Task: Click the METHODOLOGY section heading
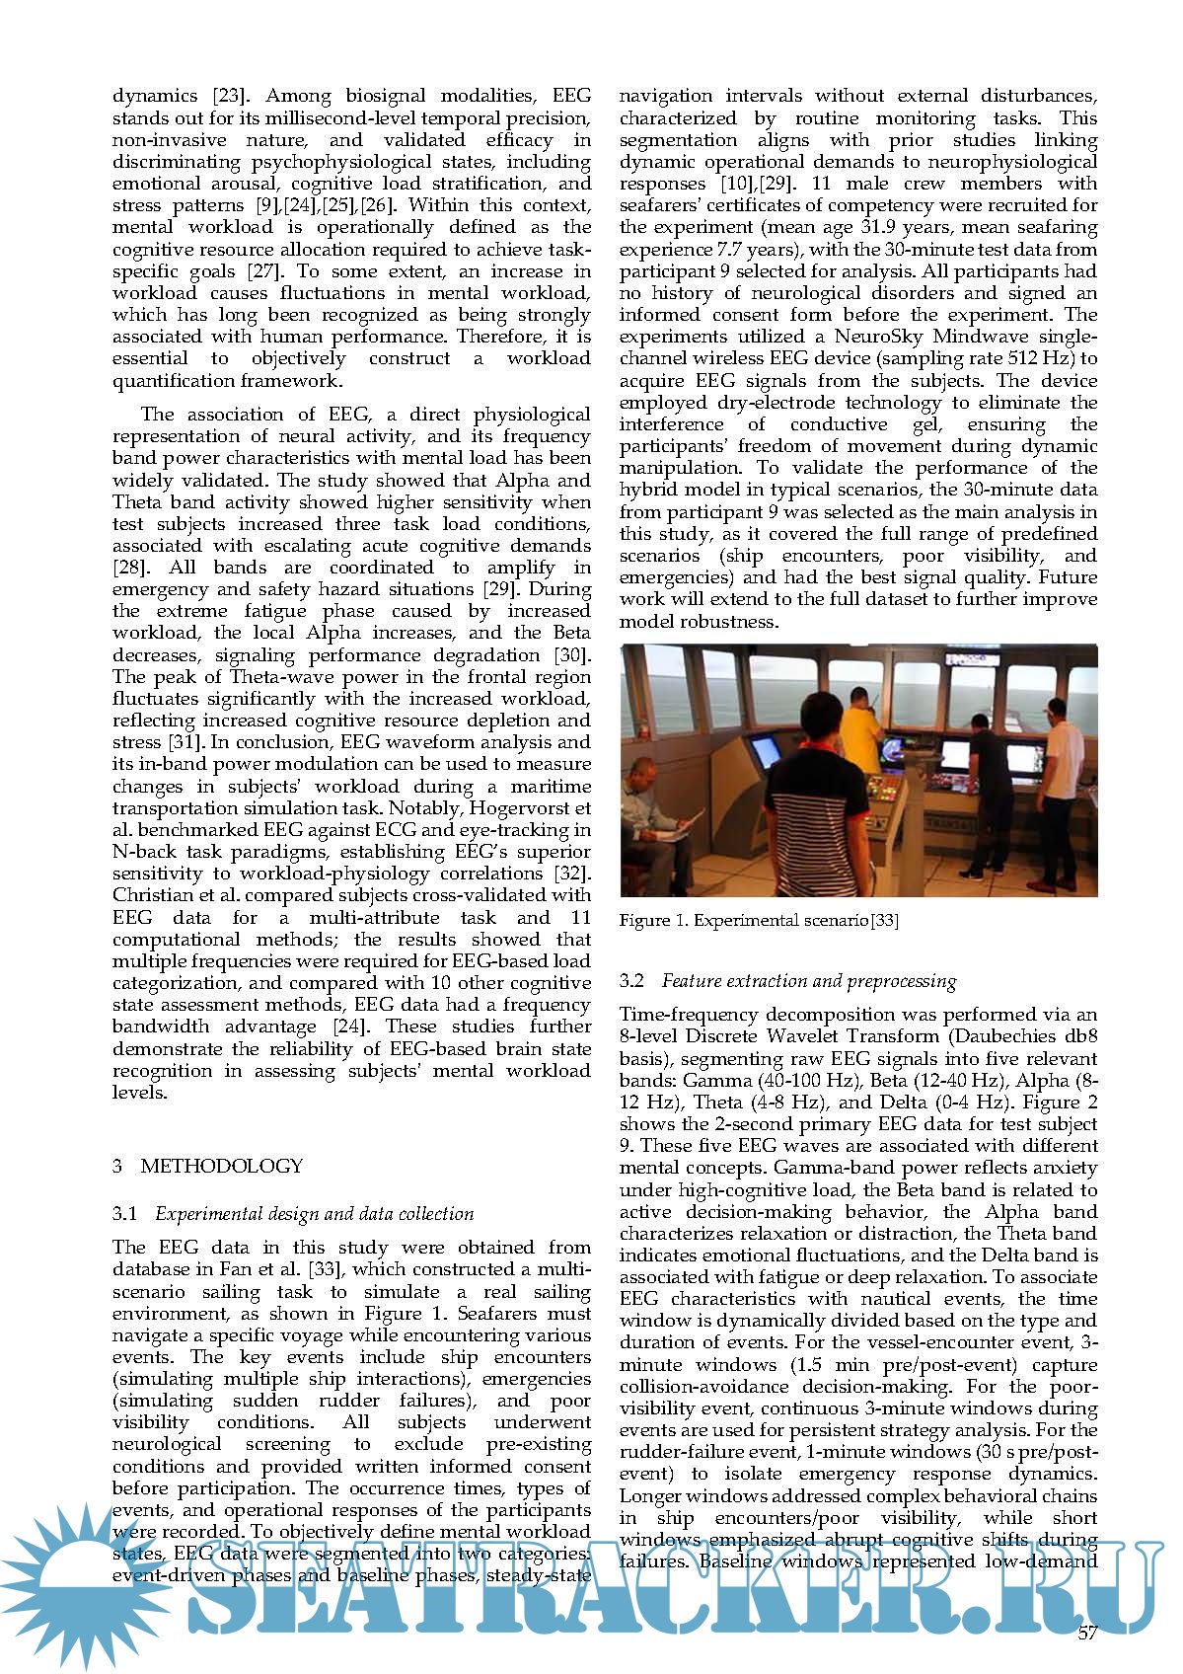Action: (x=221, y=1166)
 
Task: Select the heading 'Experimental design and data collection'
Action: (x=314, y=1214)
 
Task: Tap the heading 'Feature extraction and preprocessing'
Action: (x=808, y=981)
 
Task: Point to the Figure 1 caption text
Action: (x=758, y=921)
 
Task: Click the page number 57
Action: (x=1087, y=1633)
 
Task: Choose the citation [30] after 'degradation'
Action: (x=572, y=655)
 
